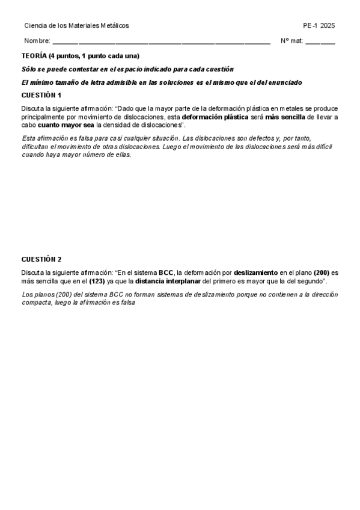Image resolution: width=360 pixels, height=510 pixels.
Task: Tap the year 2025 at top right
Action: [328, 25]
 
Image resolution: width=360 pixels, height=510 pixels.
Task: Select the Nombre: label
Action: [37, 41]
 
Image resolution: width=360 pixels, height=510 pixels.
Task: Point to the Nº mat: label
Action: [291, 41]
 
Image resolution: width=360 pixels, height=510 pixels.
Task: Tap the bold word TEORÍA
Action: [34, 55]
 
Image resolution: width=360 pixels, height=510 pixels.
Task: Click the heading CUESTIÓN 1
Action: [41, 95]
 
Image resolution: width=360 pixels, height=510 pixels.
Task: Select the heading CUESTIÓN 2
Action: [41, 259]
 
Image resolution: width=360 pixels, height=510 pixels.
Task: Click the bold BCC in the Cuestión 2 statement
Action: [166, 272]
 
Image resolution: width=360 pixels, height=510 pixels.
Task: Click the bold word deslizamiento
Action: [256, 272]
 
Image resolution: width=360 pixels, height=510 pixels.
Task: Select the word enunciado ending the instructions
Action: [285, 82]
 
